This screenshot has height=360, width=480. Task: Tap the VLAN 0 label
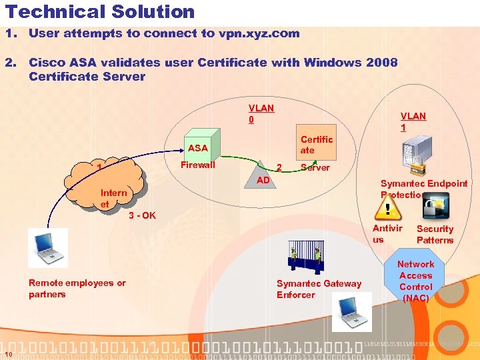tap(261, 113)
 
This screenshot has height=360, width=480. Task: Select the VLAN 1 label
tap(413, 121)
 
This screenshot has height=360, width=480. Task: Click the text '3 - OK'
tap(142, 215)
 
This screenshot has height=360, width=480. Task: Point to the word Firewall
tap(198, 165)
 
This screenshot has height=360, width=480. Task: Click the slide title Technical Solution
tap(100, 12)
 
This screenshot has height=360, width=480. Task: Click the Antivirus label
tap(387, 233)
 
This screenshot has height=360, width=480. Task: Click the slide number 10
tap(7, 353)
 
